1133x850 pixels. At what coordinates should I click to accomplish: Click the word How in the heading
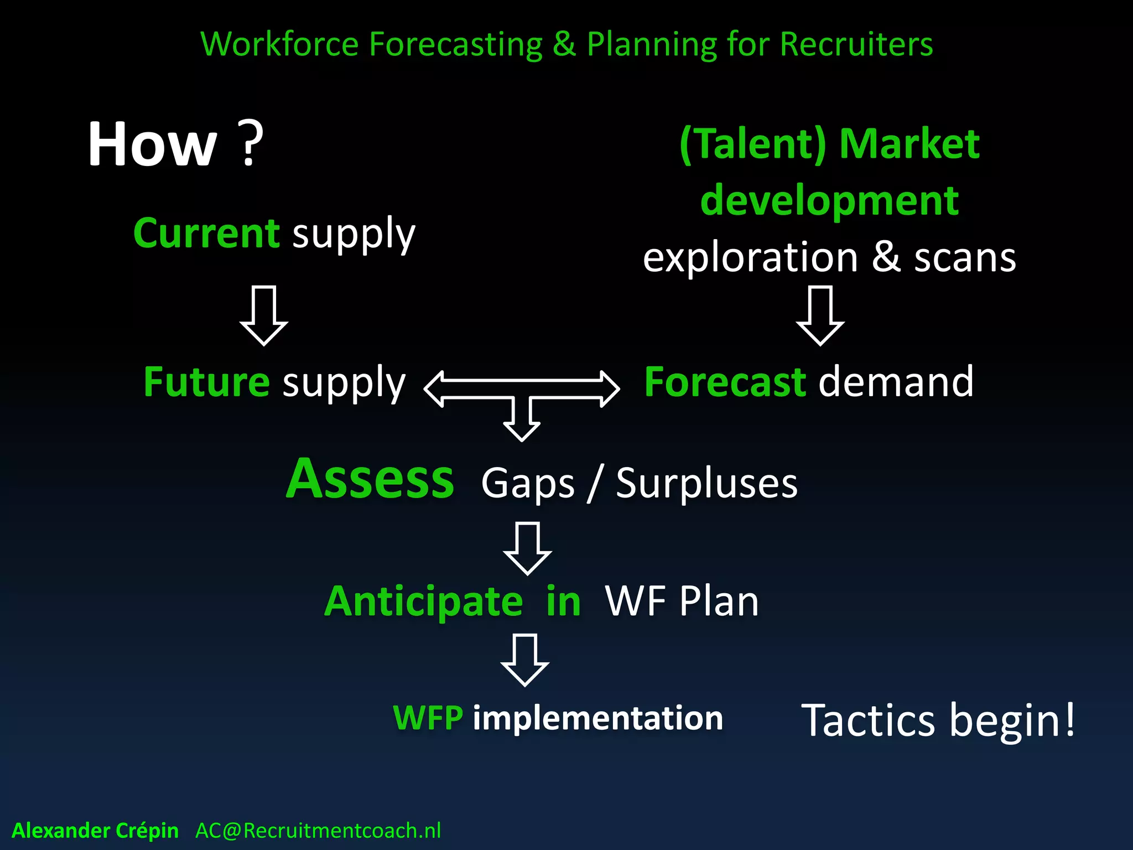point(153,145)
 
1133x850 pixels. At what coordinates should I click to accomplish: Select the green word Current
point(206,234)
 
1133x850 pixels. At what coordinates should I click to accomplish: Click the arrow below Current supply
point(263,316)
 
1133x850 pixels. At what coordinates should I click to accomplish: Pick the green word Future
point(206,382)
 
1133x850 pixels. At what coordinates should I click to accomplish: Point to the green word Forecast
point(725,382)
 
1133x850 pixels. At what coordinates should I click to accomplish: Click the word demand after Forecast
point(896,382)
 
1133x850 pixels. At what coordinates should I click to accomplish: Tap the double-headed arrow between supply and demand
point(521,388)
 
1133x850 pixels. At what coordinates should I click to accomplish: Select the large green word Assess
point(370,479)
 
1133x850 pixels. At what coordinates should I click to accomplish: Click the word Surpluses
point(706,484)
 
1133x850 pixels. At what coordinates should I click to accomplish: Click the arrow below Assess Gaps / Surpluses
point(527,548)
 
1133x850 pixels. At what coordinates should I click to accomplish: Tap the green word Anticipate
point(423,602)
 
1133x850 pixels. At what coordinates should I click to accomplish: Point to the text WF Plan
point(682,602)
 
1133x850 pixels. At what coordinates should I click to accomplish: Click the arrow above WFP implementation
point(525,660)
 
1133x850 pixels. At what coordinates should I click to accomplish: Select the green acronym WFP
point(428,718)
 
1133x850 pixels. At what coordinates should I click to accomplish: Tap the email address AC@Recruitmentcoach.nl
point(318,831)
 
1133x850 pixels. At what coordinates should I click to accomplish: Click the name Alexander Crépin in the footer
point(95,831)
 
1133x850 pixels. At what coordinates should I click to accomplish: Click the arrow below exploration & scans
point(820,316)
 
